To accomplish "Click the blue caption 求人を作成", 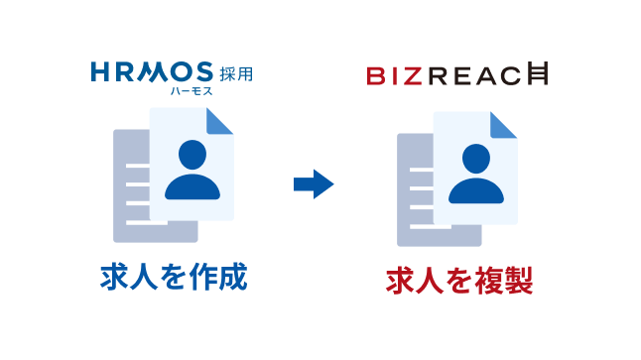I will point(173,279).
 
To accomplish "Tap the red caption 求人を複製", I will point(459,280).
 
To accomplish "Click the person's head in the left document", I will point(192,156).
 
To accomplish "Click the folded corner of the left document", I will point(220,120).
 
